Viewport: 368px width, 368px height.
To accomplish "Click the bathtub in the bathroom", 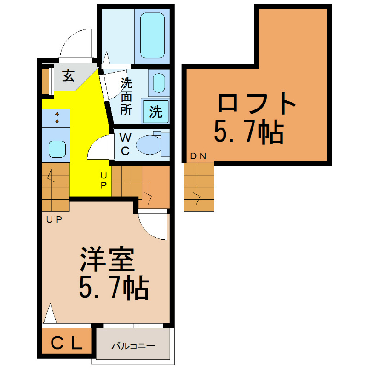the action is (x=152, y=35).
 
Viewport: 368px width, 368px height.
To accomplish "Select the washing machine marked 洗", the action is (x=155, y=111).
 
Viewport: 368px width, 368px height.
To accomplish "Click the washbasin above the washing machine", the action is (x=159, y=83).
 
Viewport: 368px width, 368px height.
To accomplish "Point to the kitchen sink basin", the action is (x=57, y=149).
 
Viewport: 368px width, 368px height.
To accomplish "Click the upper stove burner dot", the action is (x=57, y=114).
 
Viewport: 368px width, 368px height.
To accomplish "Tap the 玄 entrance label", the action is (x=68, y=75).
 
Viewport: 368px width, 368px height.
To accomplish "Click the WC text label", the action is (x=125, y=144).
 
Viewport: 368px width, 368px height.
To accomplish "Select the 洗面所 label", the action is (x=126, y=96).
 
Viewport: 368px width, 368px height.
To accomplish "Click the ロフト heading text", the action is (x=257, y=103).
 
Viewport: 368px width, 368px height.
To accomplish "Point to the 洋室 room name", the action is (x=107, y=259).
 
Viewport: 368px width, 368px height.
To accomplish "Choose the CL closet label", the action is (x=66, y=343).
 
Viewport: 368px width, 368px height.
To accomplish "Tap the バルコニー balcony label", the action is (x=133, y=346).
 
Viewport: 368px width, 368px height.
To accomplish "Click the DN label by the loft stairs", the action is (x=198, y=156).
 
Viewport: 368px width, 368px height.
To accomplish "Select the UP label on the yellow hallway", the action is (x=103, y=180).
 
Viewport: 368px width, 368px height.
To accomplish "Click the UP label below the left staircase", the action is (x=54, y=220).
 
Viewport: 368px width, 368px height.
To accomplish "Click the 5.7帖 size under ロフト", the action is (x=249, y=131).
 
